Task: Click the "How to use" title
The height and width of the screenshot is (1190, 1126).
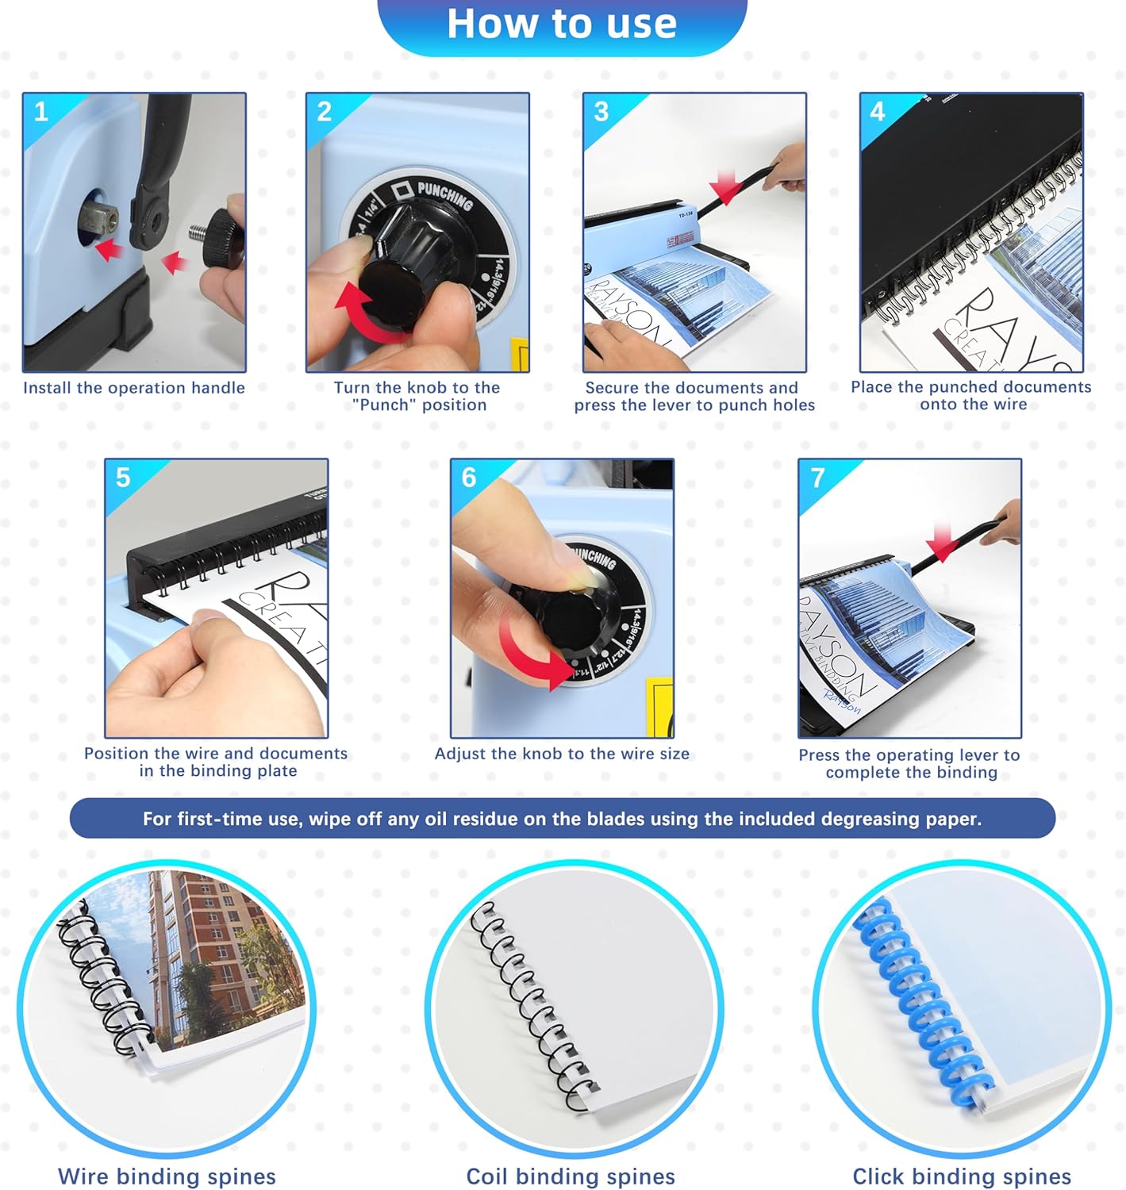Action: tap(562, 24)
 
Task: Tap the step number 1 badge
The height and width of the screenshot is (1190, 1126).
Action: tap(41, 111)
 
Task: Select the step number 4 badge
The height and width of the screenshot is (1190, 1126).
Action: tap(877, 111)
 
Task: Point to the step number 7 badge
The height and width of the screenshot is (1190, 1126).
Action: tap(818, 478)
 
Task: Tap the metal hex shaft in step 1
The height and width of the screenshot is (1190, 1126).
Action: tap(101, 218)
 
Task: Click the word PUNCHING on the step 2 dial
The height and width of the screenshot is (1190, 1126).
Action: tap(445, 195)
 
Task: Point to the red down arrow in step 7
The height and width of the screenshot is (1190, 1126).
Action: tap(942, 543)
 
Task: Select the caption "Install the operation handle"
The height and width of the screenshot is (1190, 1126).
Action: tap(134, 388)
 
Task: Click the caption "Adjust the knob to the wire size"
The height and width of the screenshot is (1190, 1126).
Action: tap(562, 754)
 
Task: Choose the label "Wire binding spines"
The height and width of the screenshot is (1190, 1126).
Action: tap(167, 1177)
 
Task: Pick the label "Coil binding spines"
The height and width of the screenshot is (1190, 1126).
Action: tap(571, 1177)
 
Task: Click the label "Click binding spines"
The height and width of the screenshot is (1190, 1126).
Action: tap(961, 1177)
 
